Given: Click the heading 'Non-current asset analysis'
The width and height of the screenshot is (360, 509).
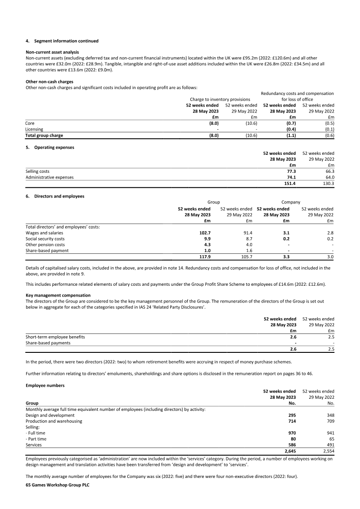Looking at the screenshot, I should (x=52, y=52).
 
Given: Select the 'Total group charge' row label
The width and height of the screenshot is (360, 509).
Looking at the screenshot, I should (x=44, y=135).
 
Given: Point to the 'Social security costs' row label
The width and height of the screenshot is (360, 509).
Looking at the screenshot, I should (x=45, y=239).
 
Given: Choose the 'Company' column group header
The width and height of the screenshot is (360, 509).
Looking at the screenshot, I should (x=291, y=202).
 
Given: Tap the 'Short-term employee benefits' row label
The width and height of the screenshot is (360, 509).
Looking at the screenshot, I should (x=55, y=337).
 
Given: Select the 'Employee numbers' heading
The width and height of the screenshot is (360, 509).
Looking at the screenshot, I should (x=45, y=386).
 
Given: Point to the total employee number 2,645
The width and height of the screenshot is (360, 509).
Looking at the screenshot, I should (x=288, y=450).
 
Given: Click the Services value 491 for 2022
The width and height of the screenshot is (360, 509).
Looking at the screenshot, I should (x=329, y=445).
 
